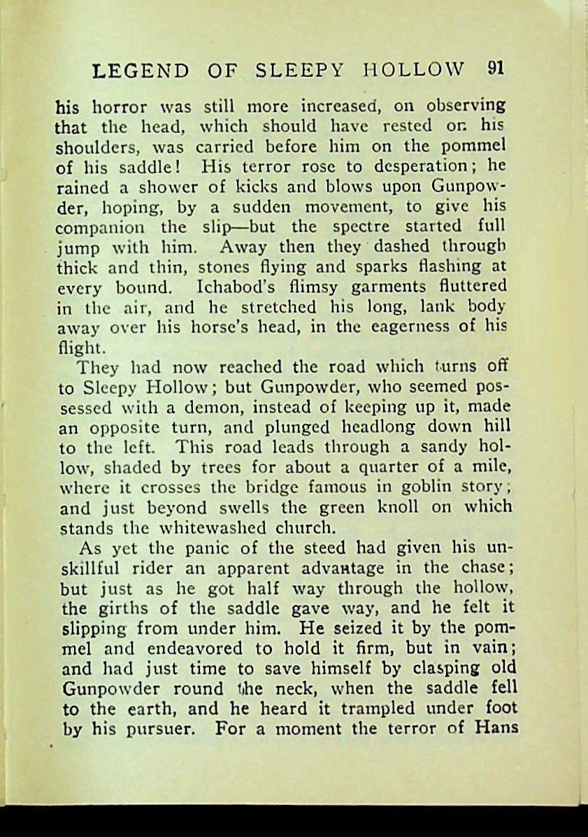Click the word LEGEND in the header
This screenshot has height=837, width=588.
click(x=141, y=71)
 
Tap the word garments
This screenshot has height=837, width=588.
click(x=371, y=287)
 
